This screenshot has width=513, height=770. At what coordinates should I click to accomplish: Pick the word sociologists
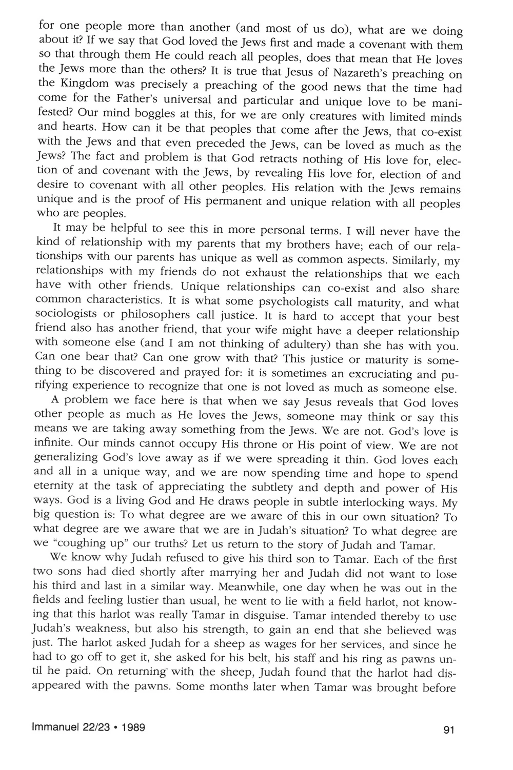tap(64, 317)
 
